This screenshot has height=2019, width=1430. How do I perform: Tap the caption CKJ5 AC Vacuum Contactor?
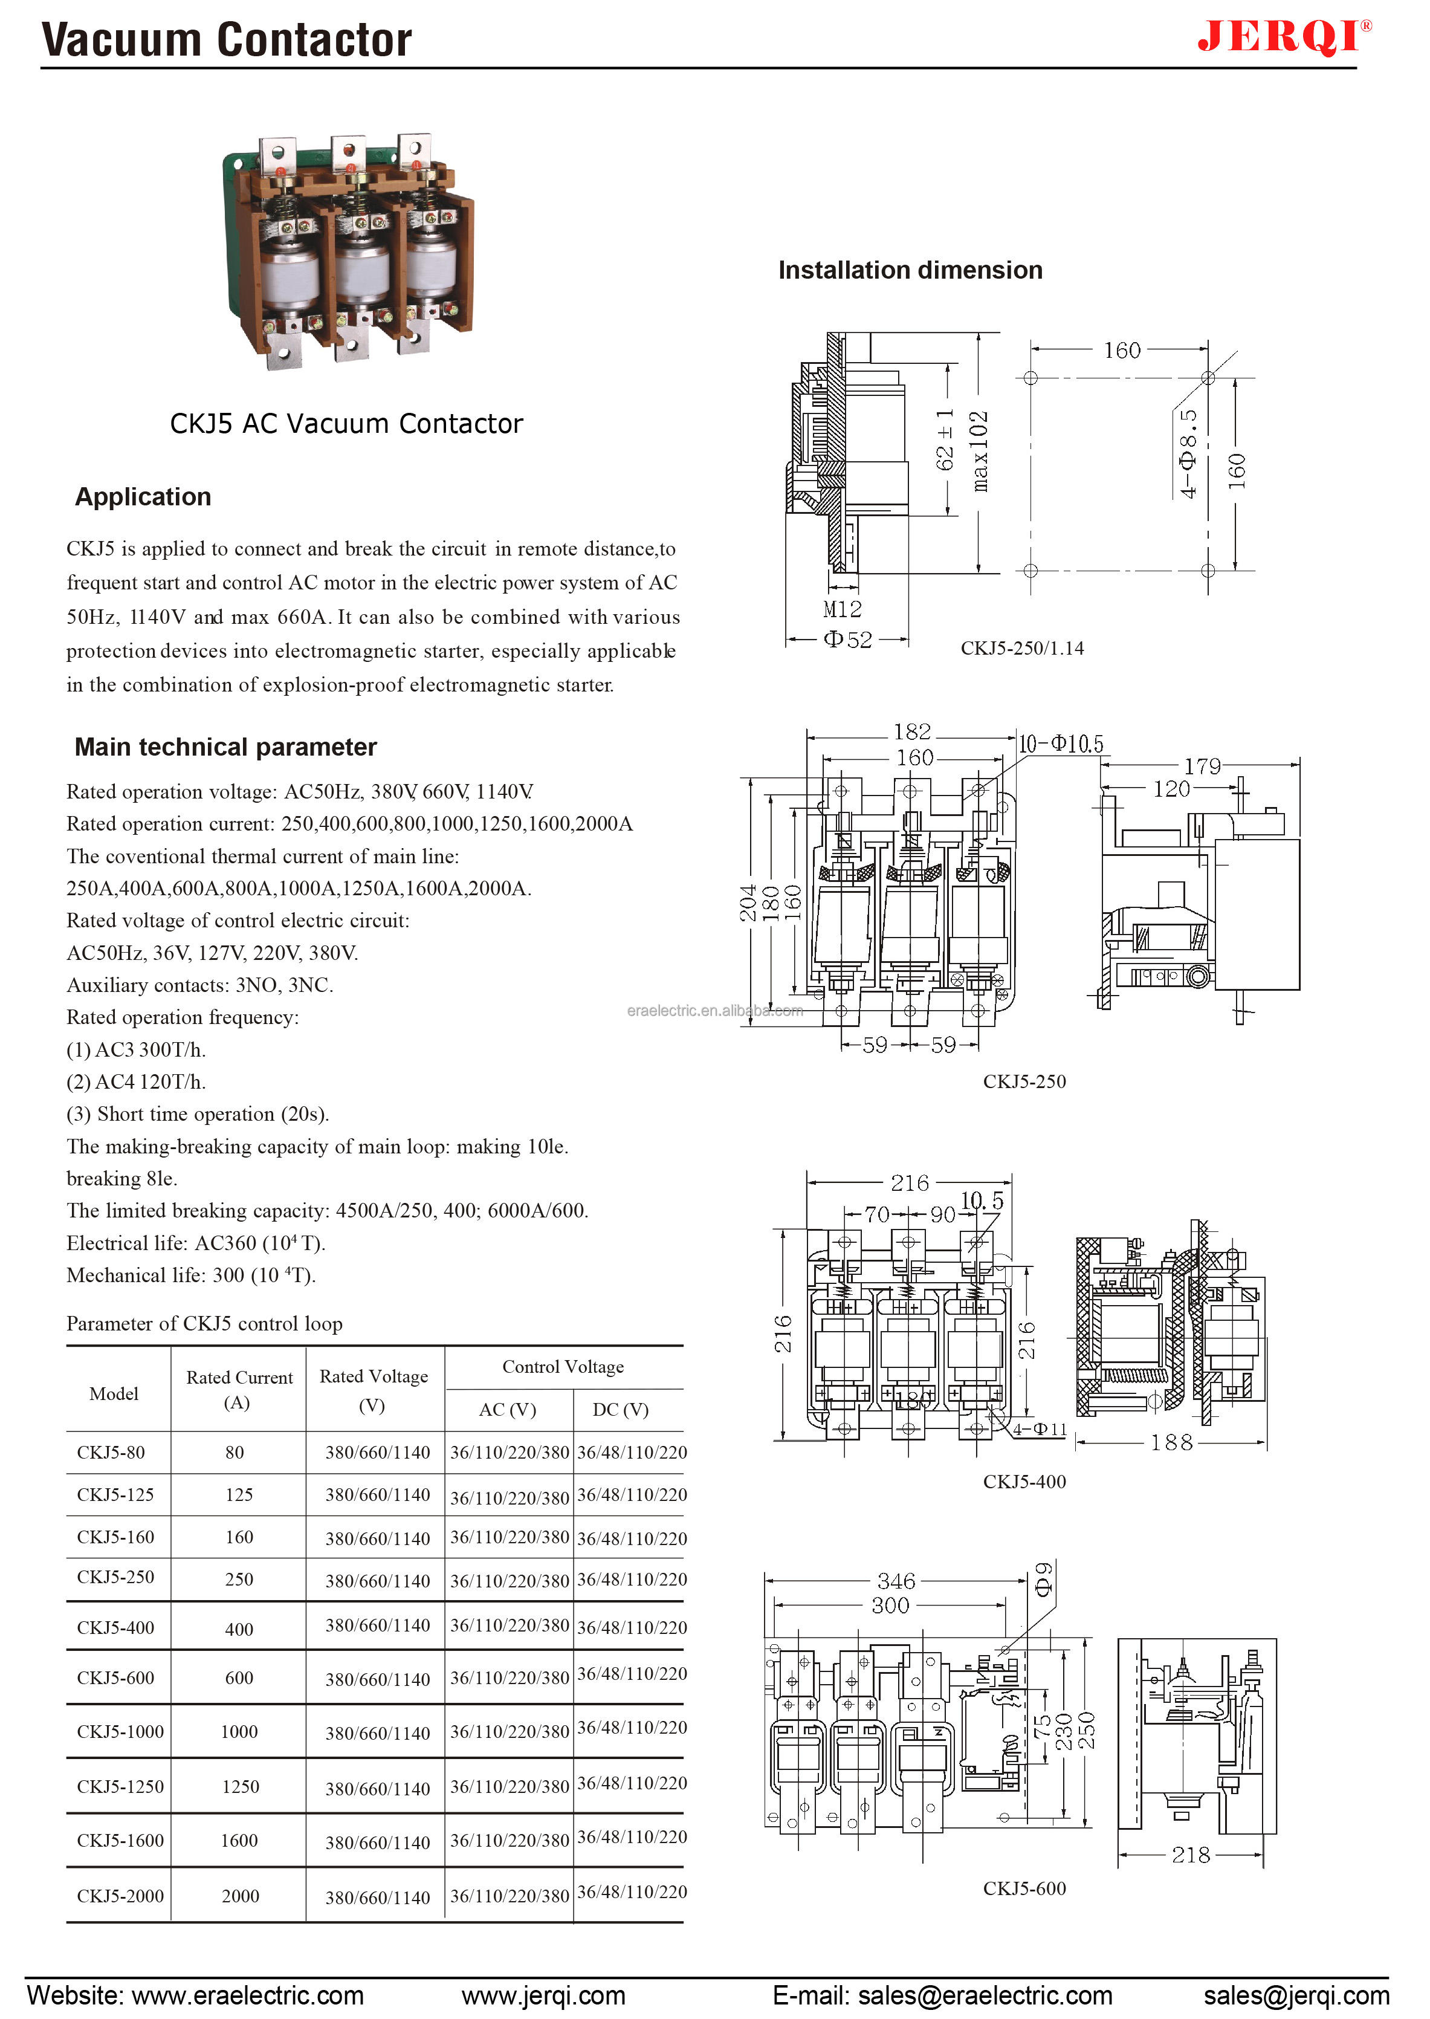[346, 424]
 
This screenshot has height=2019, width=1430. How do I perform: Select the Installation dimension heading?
[910, 270]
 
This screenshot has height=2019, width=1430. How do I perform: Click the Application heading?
[143, 497]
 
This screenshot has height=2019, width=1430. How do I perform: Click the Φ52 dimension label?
[847, 640]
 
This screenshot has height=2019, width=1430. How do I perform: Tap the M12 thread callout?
[842, 609]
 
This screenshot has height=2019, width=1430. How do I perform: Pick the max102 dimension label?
[979, 451]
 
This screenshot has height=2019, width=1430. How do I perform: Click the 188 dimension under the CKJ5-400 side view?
[1171, 1442]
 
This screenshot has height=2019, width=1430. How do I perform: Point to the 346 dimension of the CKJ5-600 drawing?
[896, 1581]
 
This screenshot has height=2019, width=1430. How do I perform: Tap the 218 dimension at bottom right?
[1191, 1855]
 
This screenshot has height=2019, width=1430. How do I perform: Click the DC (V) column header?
[620, 1410]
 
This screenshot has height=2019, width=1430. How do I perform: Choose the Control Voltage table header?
[563, 1367]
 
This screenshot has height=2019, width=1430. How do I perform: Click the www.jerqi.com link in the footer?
[543, 1995]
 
